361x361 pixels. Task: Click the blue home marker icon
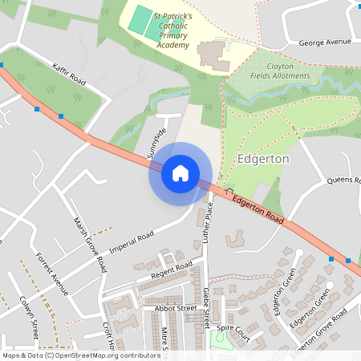point(180,172)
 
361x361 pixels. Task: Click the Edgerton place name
point(263,160)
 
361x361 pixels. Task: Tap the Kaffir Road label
point(69,74)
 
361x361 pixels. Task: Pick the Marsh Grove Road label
point(90,244)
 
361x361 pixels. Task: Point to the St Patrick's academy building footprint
point(212,55)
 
